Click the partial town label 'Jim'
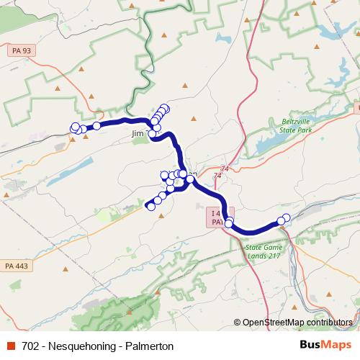(138, 134)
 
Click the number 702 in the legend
(31, 346)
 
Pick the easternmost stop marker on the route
(287, 217)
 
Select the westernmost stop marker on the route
(74, 127)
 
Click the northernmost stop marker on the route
(165, 108)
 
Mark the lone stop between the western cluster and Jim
(96, 126)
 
